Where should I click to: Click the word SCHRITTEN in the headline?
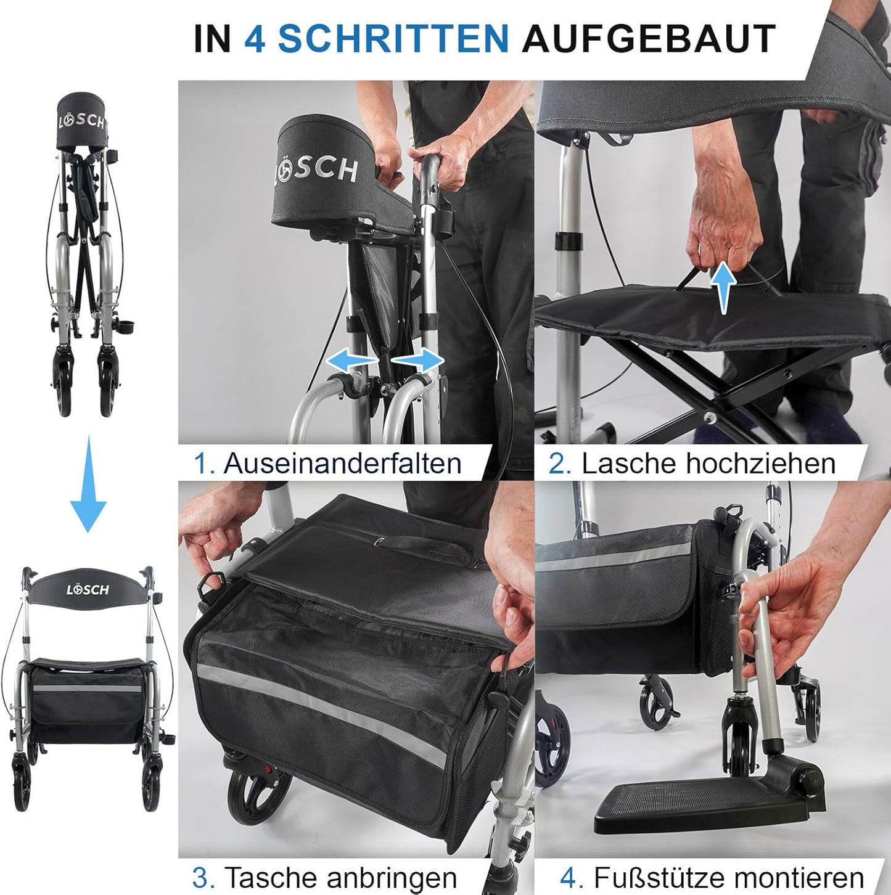click(x=393, y=39)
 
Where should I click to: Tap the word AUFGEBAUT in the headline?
click(x=648, y=39)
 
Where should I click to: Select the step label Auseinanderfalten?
click(x=342, y=463)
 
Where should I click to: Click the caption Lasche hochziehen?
click(x=708, y=463)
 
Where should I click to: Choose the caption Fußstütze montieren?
click(x=728, y=877)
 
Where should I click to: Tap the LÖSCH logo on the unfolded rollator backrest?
click(x=88, y=590)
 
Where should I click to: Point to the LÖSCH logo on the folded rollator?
click(x=81, y=120)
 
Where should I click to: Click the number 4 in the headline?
click(x=255, y=39)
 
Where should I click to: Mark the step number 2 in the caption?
click(x=559, y=464)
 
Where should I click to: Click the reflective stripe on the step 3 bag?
click(x=327, y=709)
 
